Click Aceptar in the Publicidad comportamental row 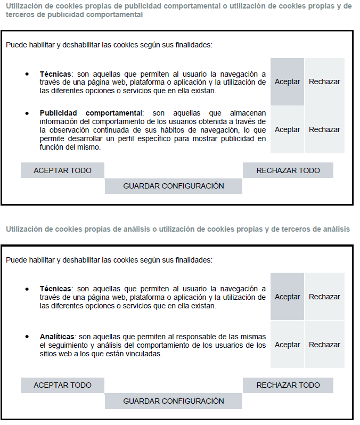click(287, 129)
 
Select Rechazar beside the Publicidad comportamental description click(324, 129)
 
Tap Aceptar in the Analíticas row click(287, 345)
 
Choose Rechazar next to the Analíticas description click(324, 345)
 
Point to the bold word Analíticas click(57, 337)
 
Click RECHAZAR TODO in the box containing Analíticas click(288, 385)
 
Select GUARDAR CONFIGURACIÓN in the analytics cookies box click(174, 401)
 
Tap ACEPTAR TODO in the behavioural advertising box click(62, 170)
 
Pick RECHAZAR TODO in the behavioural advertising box click(288, 170)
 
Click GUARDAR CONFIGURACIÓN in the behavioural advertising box click(174, 186)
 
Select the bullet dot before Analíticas click(27, 337)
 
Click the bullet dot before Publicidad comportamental click(27, 113)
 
